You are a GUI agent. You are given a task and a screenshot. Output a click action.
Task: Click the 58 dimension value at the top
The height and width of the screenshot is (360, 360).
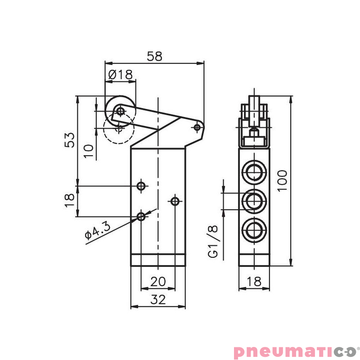coord(154,56)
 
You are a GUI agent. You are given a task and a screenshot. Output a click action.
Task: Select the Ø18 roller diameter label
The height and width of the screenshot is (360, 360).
coord(121,75)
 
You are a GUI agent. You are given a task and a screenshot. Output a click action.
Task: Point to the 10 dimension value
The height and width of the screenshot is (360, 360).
coord(90,151)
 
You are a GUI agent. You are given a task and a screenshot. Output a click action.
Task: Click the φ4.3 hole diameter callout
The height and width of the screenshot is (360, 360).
coord(97,230)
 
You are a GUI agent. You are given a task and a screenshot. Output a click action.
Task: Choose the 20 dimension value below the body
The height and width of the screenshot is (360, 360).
coord(158,282)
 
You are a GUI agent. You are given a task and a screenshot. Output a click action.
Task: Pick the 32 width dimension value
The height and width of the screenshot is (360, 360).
coord(158,300)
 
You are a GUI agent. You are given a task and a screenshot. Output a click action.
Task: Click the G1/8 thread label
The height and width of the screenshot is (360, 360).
coord(214,242)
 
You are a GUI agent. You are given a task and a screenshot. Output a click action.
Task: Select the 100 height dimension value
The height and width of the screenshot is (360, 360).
coord(282,180)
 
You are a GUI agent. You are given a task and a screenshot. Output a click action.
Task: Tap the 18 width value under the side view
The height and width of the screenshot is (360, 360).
coord(254,282)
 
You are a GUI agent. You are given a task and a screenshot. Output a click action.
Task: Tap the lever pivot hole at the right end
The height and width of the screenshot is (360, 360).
coord(197,127)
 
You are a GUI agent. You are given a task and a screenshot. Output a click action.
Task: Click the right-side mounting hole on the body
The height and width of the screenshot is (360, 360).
coord(175,201)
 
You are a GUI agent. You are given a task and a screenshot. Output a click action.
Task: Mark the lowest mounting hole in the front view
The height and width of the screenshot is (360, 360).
coord(141,216)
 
